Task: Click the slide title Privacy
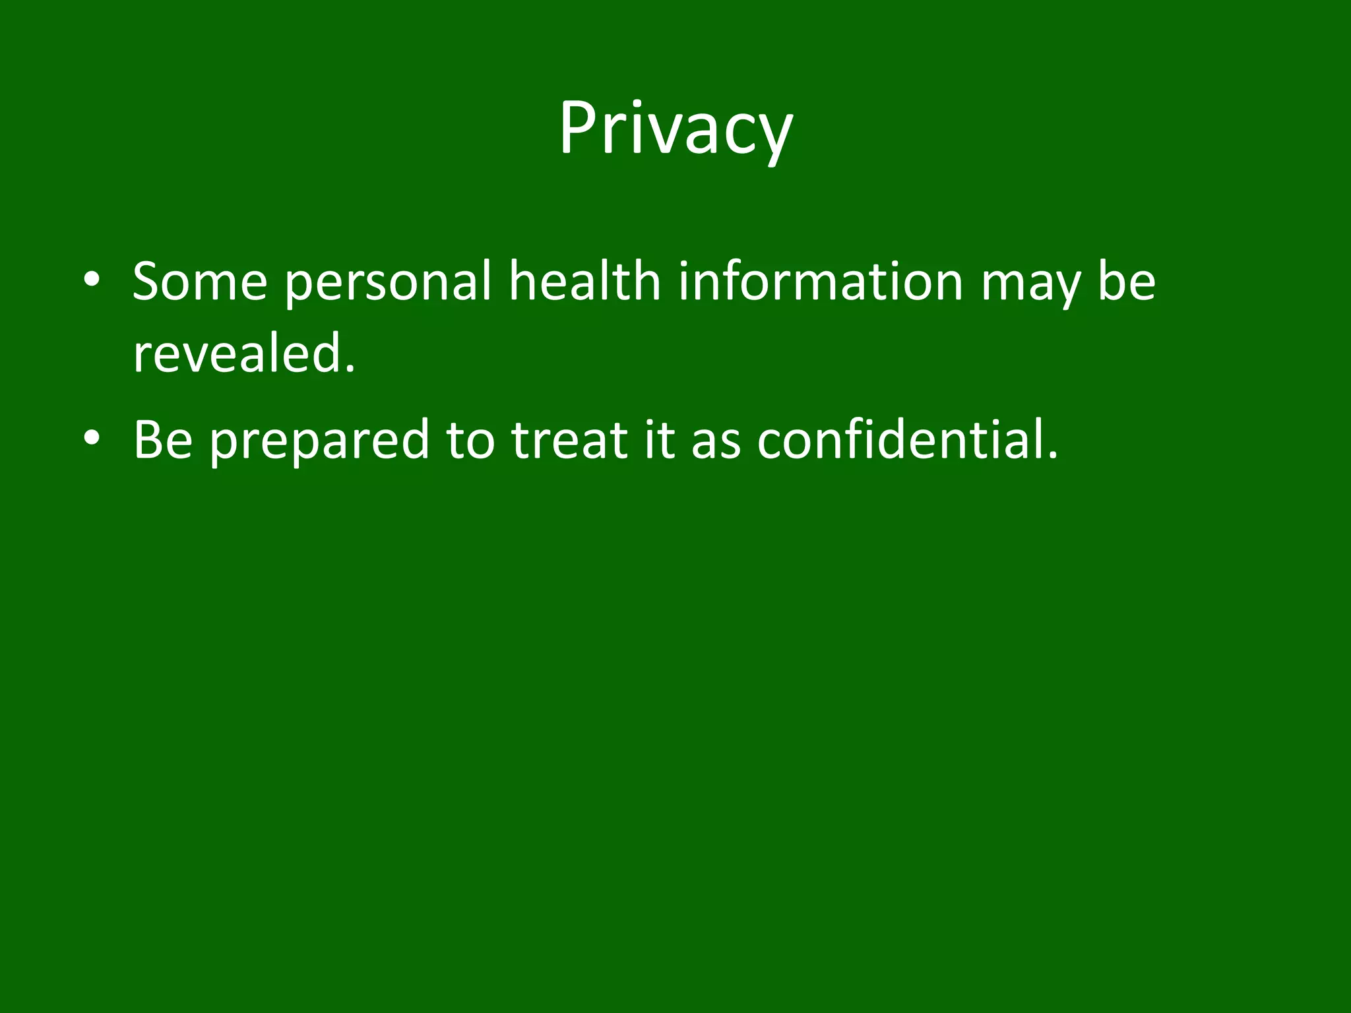(675, 129)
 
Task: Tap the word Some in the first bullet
(200, 282)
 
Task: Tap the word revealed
(237, 353)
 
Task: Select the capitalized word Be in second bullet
(163, 440)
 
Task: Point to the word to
(470, 440)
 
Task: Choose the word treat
(569, 440)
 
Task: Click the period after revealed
(350, 369)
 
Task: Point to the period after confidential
(1052, 455)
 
